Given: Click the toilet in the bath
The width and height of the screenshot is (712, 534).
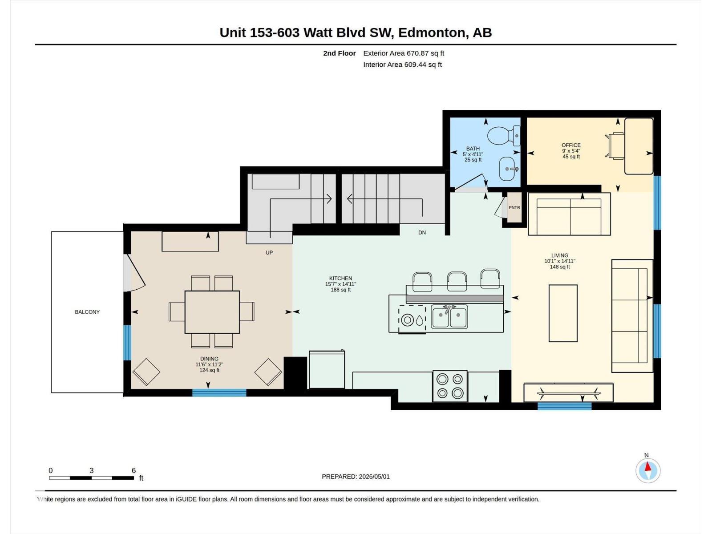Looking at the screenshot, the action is [x=504, y=136].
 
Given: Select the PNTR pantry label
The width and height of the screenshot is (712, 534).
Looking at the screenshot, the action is [x=514, y=207].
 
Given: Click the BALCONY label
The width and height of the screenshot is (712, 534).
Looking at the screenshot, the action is [x=87, y=312].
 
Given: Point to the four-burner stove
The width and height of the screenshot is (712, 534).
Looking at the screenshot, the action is [x=450, y=386].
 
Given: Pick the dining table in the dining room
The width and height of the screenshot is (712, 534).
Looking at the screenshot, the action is [x=212, y=312].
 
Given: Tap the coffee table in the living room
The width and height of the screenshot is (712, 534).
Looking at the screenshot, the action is [x=563, y=313].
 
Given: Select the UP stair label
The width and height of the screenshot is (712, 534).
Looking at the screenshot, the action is [x=269, y=253].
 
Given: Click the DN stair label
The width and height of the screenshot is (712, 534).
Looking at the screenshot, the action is [x=422, y=232].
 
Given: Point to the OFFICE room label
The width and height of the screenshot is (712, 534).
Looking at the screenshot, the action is [x=571, y=145].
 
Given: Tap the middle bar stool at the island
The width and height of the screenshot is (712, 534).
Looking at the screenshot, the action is [x=457, y=281].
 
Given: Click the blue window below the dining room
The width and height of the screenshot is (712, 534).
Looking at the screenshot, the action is [x=219, y=392].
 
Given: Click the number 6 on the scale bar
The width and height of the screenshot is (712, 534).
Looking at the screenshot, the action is [x=133, y=470].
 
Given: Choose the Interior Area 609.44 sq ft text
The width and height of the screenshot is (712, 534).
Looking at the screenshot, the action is [x=402, y=65].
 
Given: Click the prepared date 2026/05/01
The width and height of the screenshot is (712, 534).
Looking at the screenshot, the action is [x=374, y=477].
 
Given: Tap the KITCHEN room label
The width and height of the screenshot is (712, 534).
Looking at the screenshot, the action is [x=340, y=278].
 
